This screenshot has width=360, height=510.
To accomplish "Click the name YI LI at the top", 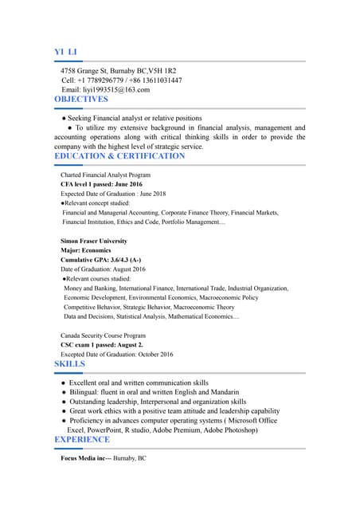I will pos(65,53).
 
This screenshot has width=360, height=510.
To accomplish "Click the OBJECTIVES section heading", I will pos(81,100).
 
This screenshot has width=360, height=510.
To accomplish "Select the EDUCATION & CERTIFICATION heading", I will pos(119,156).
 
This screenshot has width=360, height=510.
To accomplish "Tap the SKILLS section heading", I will pos(69,364).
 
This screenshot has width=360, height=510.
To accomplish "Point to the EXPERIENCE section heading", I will pos(82,440).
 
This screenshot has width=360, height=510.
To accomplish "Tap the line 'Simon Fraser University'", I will pos(94,241).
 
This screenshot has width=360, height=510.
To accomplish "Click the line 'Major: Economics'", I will pos(86,250).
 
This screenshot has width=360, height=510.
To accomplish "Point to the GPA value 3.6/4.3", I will pos(119,260).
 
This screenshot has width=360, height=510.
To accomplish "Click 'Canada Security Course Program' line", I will pos(103,335).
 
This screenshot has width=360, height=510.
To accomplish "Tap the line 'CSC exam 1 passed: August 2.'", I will pos(102,345).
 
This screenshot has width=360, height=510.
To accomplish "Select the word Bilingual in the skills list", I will pos(86,393).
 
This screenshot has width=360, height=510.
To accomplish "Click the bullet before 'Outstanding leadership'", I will pos(62,402).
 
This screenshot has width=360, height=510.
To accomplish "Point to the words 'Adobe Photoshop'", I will pos(230,430).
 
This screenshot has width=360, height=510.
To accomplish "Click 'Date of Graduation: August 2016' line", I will pos(103,269).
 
